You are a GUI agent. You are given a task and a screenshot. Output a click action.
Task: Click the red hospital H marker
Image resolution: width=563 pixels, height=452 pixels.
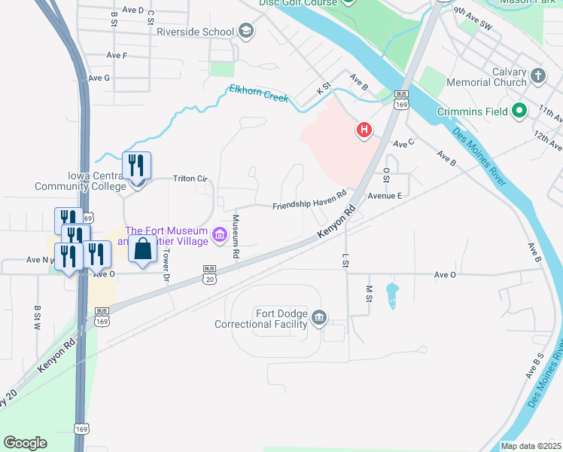364,130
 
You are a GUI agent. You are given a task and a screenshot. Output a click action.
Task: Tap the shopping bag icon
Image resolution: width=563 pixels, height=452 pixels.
142,249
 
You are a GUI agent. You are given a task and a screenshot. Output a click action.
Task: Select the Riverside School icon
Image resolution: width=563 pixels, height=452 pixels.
245,31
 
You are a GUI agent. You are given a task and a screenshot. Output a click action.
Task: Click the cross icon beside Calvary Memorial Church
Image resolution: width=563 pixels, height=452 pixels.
537,75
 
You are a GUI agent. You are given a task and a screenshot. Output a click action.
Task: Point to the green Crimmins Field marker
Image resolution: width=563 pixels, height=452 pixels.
519,111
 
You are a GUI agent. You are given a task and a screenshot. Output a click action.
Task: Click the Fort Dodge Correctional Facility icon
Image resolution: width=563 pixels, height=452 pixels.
319,318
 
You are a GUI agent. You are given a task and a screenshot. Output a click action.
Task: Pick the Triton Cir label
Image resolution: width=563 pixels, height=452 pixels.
190,179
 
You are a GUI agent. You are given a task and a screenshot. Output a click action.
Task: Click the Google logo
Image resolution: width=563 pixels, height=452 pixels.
25,443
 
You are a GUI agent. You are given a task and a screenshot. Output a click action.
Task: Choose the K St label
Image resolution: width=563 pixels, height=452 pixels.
324,89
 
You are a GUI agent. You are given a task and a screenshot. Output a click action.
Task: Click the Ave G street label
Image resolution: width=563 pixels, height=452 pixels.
99,78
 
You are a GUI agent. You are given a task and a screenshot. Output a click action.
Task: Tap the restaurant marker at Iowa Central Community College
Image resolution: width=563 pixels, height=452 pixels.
136,165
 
